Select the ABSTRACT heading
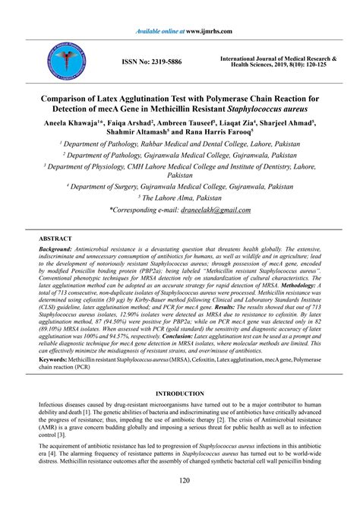[x=55, y=238]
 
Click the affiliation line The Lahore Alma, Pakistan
[x=180, y=197]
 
